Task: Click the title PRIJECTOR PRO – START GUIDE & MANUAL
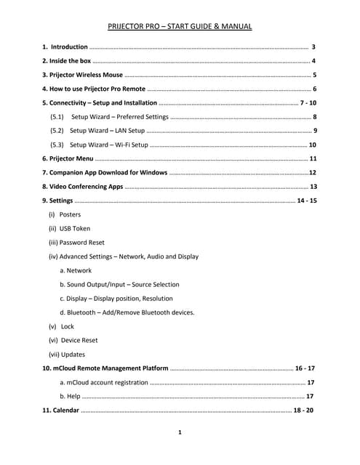pos(180,27)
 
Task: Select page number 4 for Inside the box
pos(313,60)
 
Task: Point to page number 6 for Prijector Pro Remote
pos(314,89)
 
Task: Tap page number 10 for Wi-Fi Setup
pos(312,145)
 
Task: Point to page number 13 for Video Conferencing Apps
pos(313,187)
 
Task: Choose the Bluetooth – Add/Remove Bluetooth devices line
pos(131,312)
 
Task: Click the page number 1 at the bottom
pos(180,432)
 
